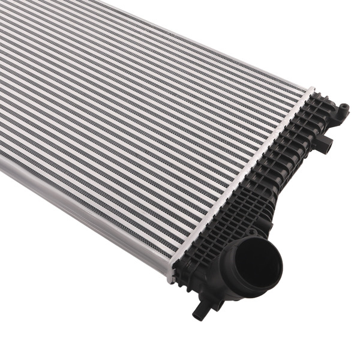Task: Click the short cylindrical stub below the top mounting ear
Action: (x=325, y=144)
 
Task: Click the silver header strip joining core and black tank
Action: (x=240, y=180)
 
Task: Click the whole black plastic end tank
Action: (x=264, y=198)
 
